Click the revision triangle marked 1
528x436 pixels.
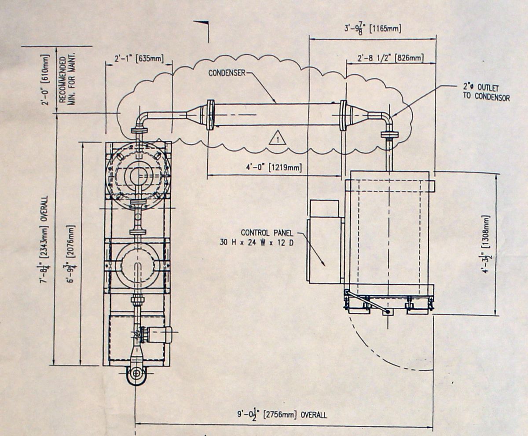coord(277,138)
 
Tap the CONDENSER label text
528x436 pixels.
coord(227,73)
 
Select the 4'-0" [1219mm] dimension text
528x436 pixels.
coord(274,168)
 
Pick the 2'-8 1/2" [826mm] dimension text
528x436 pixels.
coord(391,58)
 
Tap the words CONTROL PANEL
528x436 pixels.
coord(267,233)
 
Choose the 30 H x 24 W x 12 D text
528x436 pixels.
coord(257,242)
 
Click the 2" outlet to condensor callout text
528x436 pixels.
coord(486,92)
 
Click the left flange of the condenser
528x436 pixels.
coord(210,115)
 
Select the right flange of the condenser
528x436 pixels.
coord(343,115)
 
